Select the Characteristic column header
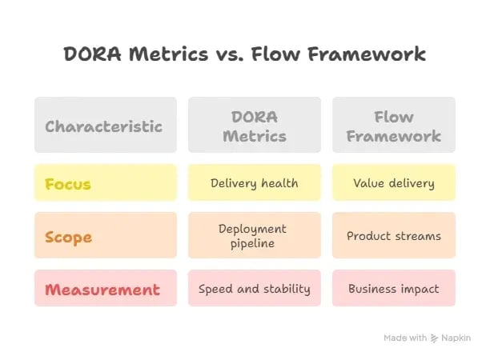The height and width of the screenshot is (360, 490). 105,126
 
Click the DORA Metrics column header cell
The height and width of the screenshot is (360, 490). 254,126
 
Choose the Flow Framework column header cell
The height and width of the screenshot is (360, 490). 393,126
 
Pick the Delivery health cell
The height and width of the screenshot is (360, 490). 254,183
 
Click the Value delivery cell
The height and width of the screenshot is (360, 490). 393,183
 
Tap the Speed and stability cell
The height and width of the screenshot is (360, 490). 254,289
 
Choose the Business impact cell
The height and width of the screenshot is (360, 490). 393,289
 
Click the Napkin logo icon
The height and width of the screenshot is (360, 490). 435,338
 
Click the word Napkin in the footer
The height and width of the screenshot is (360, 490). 456,338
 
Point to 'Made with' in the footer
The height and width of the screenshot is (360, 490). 404,338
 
